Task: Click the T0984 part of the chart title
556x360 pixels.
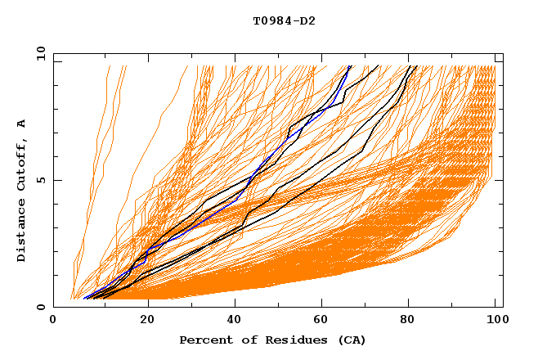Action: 271,20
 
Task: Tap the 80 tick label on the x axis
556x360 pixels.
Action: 407,320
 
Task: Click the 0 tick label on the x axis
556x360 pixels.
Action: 53,320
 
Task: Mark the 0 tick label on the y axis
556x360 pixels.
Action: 41,307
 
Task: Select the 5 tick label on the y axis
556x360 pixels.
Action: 41,180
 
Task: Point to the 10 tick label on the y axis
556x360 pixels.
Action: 38,53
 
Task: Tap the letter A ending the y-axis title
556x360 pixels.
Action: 21,123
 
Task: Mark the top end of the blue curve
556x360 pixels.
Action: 350,66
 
